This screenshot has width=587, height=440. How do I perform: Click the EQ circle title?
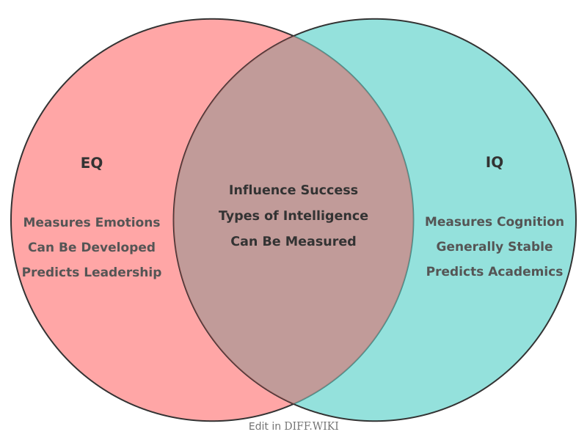click(x=92, y=164)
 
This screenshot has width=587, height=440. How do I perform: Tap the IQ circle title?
click(x=495, y=163)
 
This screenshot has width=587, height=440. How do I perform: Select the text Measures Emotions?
click(x=92, y=222)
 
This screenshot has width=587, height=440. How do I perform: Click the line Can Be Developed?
click(x=92, y=247)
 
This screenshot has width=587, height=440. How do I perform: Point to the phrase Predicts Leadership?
click(x=92, y=272)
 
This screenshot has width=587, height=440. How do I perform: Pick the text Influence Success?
click(x=293, y=191)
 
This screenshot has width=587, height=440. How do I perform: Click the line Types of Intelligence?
click(x=293, y=216)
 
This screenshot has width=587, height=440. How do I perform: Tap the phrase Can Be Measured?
click(x=293, y=241)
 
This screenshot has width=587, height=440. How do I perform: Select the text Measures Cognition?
click(x=495, y=221)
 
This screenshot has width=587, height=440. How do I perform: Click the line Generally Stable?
click(x=495, y=246)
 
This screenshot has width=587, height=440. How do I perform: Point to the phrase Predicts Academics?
click(x=495, y=271)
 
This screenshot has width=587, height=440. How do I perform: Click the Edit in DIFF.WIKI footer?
click(x=293, y=426)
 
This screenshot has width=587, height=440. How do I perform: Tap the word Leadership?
click(x=125, y=272)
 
